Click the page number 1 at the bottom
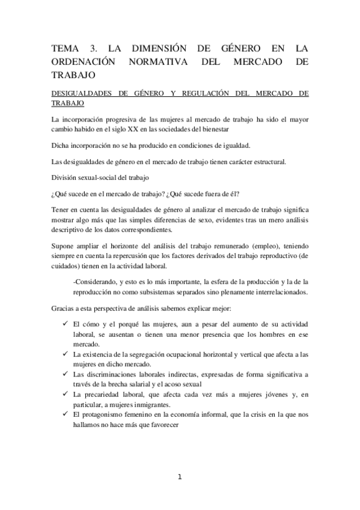pos(180,478)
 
